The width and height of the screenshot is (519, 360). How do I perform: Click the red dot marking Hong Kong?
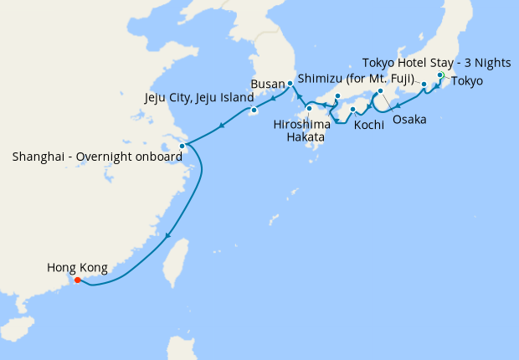point(77,280)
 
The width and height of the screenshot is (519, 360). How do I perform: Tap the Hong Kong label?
point(77,268)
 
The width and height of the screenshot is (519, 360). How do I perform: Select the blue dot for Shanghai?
point(182,146)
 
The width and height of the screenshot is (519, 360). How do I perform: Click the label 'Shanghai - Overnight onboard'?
point(97,157)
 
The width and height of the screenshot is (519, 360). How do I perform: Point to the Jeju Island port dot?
point(253,111)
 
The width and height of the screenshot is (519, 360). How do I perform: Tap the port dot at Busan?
point(290,83)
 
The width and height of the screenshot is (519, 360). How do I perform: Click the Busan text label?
point(269,84)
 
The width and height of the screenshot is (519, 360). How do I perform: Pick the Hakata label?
point(305,136)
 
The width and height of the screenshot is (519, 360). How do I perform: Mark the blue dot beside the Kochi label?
point(352,110)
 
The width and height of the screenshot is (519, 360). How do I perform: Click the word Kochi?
point(369,125)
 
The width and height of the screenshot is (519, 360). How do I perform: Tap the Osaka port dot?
point(380,90)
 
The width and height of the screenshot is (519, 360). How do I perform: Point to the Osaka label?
point(409,120)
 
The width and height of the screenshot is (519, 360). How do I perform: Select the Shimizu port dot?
point(424,85)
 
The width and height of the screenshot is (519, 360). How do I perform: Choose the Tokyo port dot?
point(440,75)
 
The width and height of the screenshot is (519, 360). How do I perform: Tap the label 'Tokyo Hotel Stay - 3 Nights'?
point(435,63)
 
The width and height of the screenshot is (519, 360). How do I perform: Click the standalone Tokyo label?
point(467,81)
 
